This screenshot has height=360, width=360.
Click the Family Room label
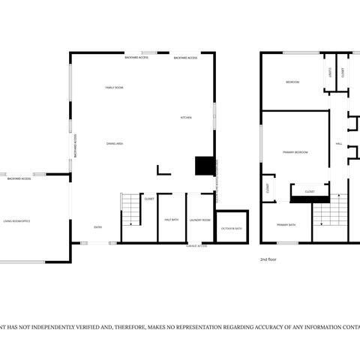114,88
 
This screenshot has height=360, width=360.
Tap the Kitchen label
186,118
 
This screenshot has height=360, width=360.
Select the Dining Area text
114,142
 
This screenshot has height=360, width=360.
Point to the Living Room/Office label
16,221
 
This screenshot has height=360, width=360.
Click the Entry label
97,226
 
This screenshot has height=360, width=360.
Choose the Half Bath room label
170,220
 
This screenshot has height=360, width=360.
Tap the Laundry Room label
199,220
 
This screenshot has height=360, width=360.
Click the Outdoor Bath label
231,228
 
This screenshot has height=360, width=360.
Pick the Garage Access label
196,245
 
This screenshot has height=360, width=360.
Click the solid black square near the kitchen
204,166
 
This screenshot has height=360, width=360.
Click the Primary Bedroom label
295,152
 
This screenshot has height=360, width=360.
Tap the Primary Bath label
286,224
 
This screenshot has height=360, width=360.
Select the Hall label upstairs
339,143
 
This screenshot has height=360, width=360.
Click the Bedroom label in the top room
292,82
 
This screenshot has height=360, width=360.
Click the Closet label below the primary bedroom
310,192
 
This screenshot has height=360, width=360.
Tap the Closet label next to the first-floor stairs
149,199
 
